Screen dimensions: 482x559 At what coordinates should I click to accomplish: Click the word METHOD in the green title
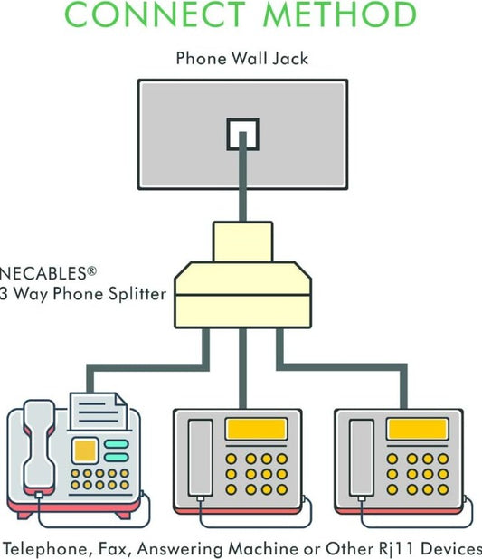(340, 14)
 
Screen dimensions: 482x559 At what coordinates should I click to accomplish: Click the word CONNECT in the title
(155, 14)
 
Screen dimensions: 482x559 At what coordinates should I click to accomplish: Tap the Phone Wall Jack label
(242, 59)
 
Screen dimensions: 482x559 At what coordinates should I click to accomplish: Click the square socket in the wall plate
(242, 134)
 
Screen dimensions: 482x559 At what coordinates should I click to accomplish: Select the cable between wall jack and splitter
(242, 177)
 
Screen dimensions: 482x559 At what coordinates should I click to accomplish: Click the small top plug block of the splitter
(242, 242)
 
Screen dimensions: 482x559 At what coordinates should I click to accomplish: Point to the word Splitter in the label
(137, 294)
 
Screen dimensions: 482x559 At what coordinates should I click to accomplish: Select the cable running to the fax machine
(148, 367)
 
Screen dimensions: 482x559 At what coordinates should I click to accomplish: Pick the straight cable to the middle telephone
(242, 368)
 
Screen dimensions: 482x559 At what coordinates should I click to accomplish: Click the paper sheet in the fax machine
(99, 411)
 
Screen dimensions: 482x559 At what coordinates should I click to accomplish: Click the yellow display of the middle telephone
(256, 429)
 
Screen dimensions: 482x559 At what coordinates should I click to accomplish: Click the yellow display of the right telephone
(418, 429)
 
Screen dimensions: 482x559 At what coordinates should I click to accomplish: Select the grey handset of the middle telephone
(201, 458)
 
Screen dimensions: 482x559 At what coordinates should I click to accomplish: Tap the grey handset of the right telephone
(362, 458)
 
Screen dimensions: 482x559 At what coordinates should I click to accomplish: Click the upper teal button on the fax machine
(117, 444)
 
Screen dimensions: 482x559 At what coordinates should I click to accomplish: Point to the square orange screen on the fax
(85, 450)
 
